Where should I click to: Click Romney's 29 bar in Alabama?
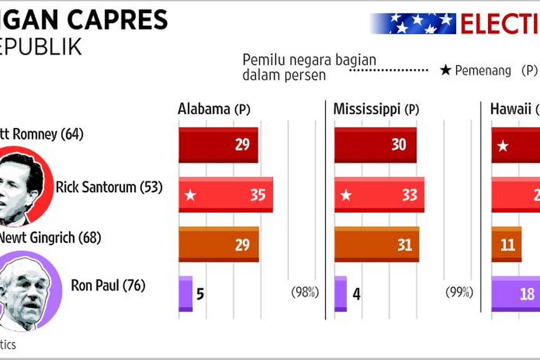(218, 145)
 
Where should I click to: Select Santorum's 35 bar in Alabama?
(225, 195)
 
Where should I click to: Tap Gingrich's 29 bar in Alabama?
(219, 244)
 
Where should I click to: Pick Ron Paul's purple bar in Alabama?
(185, 294)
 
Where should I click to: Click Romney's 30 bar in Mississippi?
(375, 145)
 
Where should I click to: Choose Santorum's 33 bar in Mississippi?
(379, 195)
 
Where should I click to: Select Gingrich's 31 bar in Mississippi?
(377, 244)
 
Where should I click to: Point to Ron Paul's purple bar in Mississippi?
(340, 294)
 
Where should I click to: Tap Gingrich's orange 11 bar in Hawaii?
(506, 244)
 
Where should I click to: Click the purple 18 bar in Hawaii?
(516, 294)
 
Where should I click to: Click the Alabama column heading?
(214, 109)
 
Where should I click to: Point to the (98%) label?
(305, 292)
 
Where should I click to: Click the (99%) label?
(459, 292)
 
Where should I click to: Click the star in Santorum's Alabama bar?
(190, 195)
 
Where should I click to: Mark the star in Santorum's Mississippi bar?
(346, 195)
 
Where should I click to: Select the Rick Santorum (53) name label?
(108, 187)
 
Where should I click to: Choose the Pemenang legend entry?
(476, 71)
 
